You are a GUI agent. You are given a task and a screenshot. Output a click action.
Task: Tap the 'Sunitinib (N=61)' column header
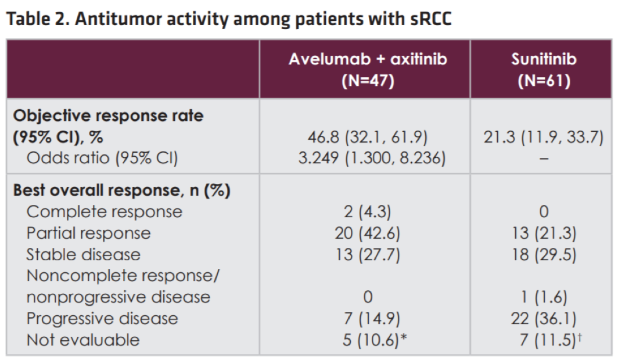(x=544, y=69)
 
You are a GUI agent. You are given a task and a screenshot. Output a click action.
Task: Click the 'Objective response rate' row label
(x=108, y=116)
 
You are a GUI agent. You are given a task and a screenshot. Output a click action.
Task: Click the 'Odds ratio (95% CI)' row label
(x=102, y=159)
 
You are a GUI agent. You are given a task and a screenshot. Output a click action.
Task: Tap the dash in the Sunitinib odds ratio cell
(x=544, y=159)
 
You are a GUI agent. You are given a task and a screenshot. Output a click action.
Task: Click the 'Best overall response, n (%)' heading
(x=121, y=191)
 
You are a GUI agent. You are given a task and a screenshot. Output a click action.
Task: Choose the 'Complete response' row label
(x=104, y=212)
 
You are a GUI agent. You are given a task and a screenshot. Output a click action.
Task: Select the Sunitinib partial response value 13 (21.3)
(x=544, y=233)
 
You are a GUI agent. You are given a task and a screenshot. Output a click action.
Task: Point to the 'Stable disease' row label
(x=83, y=254)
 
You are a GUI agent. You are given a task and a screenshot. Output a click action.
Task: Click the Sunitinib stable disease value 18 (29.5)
(x=544, y=254)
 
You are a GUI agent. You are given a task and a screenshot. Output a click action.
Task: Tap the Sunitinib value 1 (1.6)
(x=544, y=297)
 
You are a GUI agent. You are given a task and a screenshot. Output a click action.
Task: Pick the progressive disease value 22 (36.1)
(x=544, y=319)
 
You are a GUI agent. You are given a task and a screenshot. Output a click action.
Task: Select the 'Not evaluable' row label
(x=82, y=340)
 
